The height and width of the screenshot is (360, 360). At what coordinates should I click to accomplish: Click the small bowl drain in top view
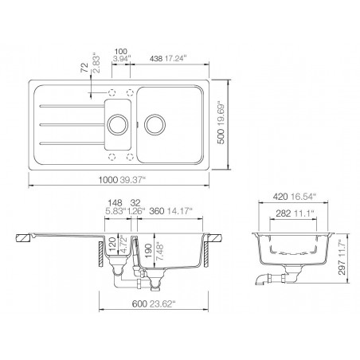[119, 123]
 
